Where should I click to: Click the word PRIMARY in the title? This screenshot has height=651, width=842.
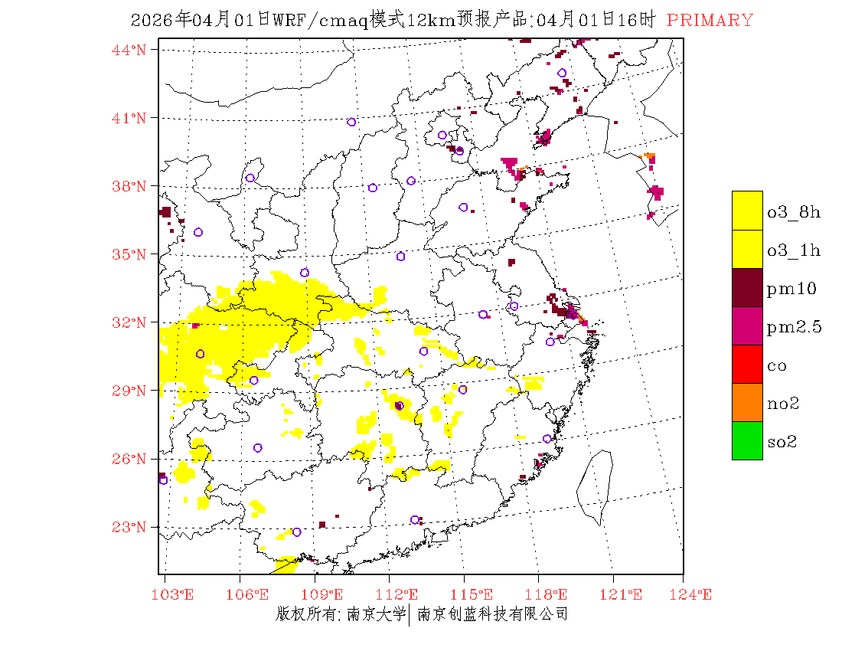710,21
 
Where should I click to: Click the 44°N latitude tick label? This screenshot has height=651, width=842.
129,50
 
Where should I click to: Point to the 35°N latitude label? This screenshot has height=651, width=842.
129,254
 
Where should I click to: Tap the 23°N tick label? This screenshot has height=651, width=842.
129,527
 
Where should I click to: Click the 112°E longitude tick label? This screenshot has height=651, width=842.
401,595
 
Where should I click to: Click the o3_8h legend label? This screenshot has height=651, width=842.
794,212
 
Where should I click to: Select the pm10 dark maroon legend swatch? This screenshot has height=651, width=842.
747,287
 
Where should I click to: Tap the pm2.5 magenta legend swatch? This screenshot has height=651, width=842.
747,325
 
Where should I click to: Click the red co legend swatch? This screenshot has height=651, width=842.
747,364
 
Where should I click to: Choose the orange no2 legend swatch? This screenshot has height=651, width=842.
747,402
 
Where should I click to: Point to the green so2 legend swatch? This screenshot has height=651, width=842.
747,440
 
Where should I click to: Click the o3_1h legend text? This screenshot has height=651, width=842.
794,250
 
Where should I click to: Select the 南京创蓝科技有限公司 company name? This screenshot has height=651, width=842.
492,614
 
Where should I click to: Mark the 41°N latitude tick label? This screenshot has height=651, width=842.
129,118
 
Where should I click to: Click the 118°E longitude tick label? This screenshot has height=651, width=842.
550,595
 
